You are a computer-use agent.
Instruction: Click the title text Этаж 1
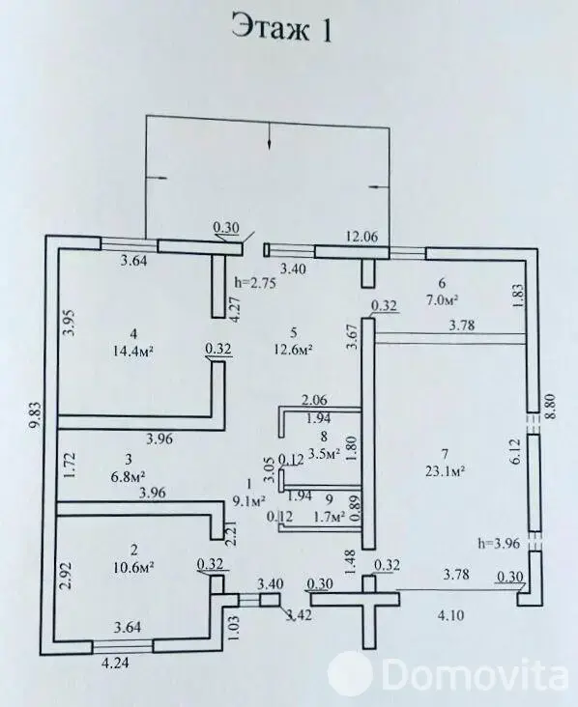point(283,29)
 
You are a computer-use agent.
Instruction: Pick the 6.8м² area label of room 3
point(123,476)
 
